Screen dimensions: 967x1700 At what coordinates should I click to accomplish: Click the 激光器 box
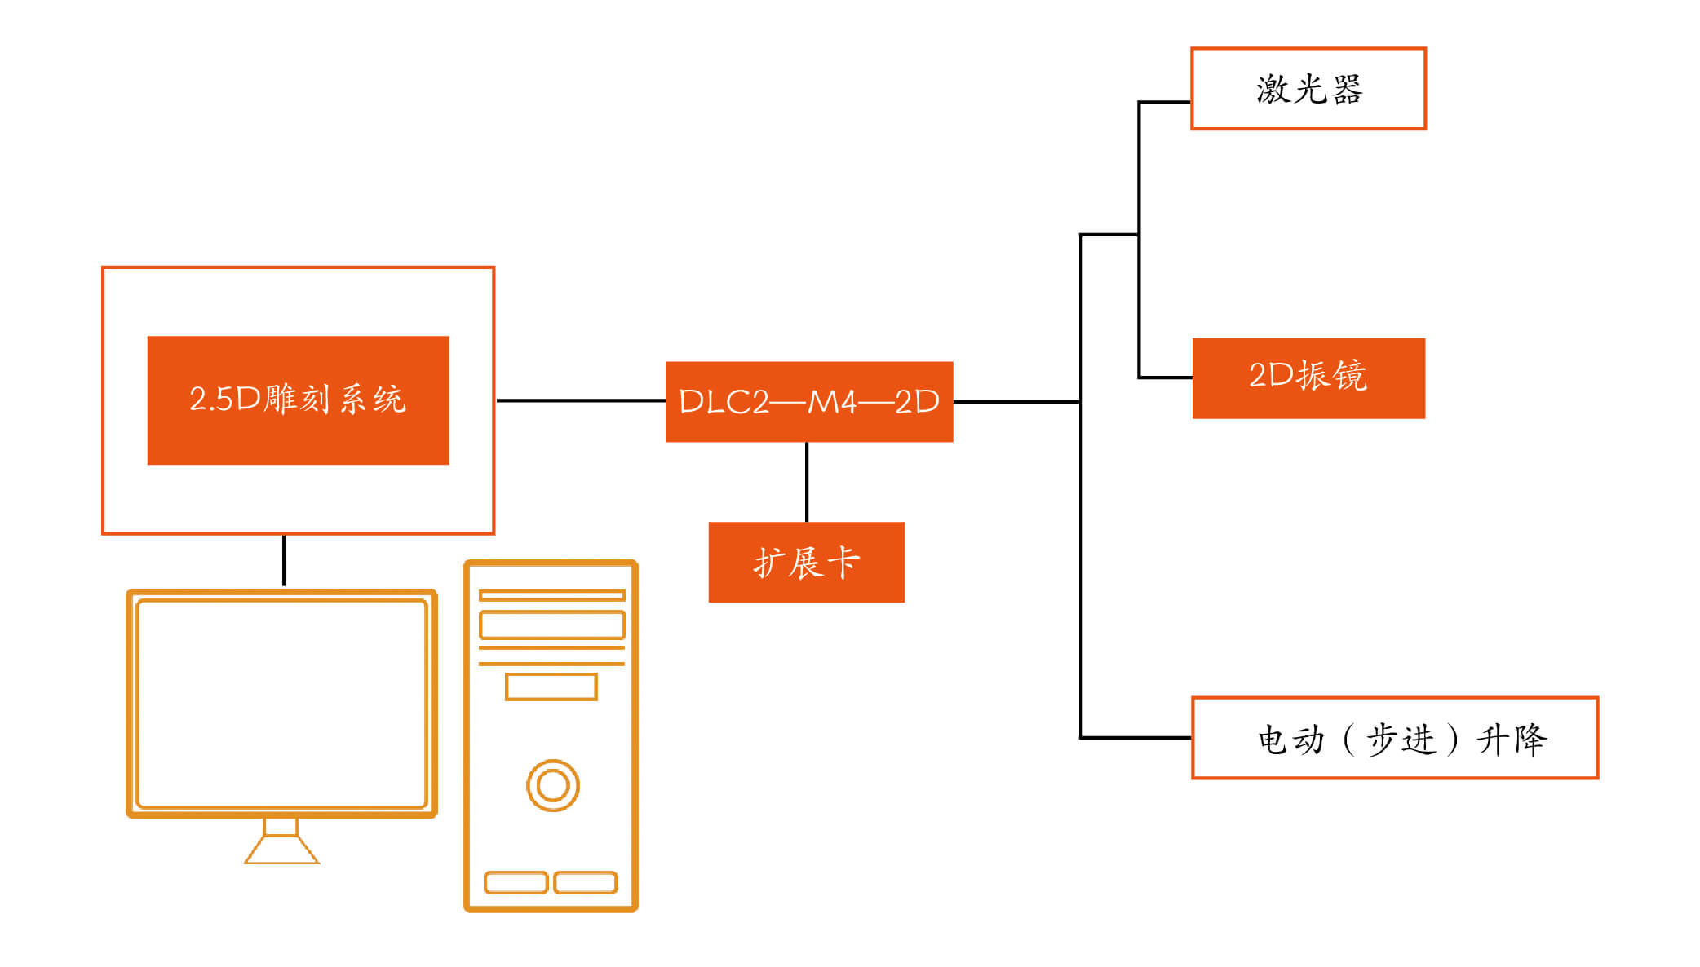(x=1308, y=88)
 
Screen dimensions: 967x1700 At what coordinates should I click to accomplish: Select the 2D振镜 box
(x=1308, y=378)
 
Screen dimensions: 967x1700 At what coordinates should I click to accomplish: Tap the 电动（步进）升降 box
(x=1394, y=738)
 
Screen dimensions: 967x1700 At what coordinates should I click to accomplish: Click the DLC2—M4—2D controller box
(x=808, y=402)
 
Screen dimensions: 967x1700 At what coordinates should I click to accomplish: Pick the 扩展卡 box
(x=806, y=562)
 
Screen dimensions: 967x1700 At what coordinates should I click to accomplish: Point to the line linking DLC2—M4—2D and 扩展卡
(x=807, y=482)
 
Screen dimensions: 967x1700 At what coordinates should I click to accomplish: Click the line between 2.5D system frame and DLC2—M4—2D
(x=580, y=400)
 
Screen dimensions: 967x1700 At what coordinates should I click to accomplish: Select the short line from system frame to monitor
(x=284, y=561)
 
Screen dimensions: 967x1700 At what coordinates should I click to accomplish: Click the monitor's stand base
(x=281, y=851)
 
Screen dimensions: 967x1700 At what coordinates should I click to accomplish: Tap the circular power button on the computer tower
(x=552, y=785)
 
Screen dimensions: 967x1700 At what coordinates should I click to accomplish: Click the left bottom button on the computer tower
(x=516, y=882)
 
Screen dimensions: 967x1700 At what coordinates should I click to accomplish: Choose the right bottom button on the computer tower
(x=586, y=882)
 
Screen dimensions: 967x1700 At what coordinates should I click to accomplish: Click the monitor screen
(x=281, y=704)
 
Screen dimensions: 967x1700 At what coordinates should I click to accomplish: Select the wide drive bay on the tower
(x=551, y=625)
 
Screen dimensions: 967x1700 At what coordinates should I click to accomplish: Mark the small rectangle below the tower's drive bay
(x=551, y=687)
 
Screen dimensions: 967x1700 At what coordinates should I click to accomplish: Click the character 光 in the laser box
(x=1310, y=89)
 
